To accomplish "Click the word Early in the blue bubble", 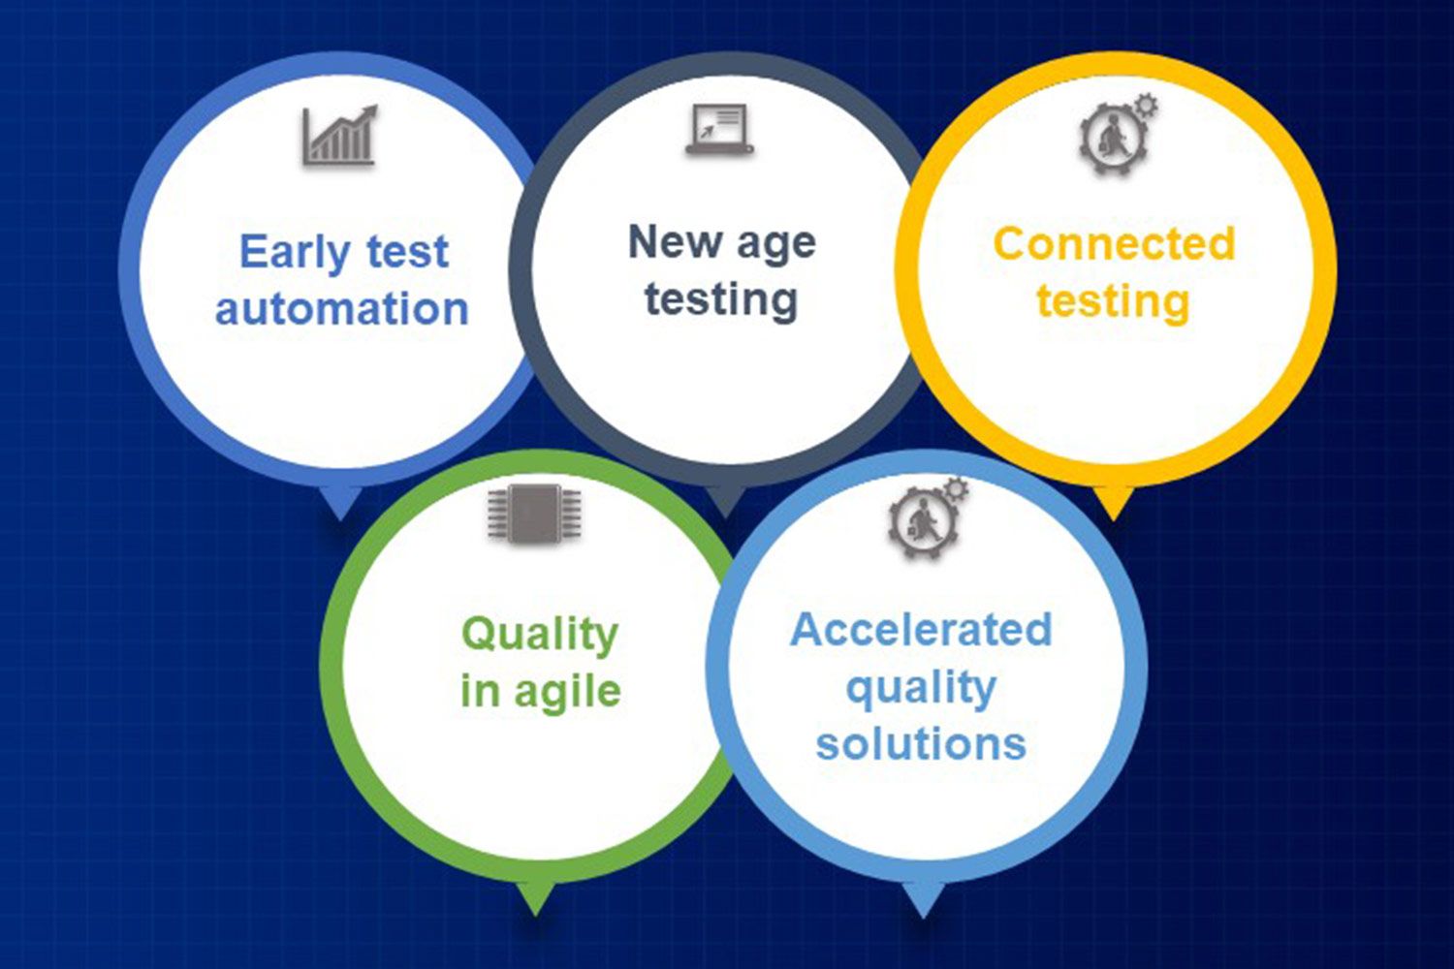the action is (x=296, y=253).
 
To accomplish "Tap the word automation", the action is (x=342, y=308).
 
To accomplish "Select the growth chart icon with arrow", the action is (x=339, y=135).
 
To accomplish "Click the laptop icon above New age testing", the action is (x=720, y=129).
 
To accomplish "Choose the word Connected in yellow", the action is (x=1114, y=244).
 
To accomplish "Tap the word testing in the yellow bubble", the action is (x=1113, y=302).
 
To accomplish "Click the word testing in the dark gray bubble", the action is (x=721, y=300).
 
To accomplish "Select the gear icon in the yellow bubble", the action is (x=1118, y=135).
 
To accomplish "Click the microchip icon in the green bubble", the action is (x=534, y=513).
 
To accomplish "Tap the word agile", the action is (x=568, y=693).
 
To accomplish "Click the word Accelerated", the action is (x=921, y=630).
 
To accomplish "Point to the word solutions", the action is (x=921, y=743).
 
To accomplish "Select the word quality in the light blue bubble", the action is (x=921, y=689).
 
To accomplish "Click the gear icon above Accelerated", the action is (x=927, y=517).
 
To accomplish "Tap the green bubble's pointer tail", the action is (x=535, y=898).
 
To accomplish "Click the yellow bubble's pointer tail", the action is (x=1113, y=502).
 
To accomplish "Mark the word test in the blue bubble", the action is (x=408, y=252).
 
